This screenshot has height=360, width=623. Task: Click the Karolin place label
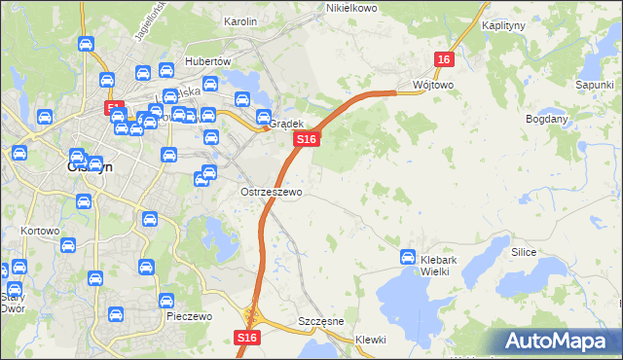click(x=239, y=21)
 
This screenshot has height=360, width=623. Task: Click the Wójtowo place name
click(x=433, y=85)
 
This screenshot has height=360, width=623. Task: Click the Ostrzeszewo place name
click(x=271, y=193)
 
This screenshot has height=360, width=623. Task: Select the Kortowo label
click(x=40, y=232)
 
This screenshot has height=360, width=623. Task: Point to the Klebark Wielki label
click(x=448, y=266)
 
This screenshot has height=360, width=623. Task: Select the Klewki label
click(x=371, y=340)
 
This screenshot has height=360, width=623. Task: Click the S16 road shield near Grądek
click(x=307, y=140)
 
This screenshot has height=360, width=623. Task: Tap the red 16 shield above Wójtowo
click(x=444, y=59)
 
